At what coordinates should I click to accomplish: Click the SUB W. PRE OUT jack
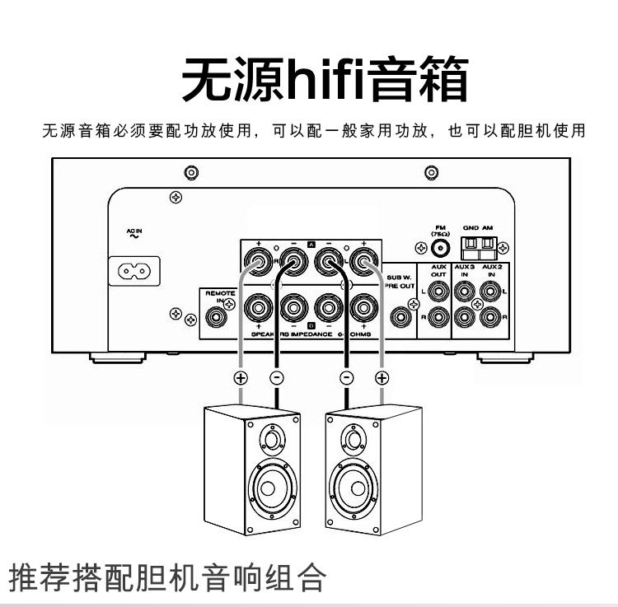pyautogui.click(x=401, y=315)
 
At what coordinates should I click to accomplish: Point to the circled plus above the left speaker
pyautogui.click(x=241, y=379)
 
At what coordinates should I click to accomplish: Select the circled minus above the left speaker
pyautogui.click(x=276, y=379)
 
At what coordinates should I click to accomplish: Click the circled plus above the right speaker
pyautogui.click(x=382, y=379)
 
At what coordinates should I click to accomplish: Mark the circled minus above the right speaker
pyautogui.click(x=347, y=379)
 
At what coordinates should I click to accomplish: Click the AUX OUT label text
pyautogui.click(x=438, y=271)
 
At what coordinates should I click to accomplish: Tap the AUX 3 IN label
pyautogui.click(x=466, y=271)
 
